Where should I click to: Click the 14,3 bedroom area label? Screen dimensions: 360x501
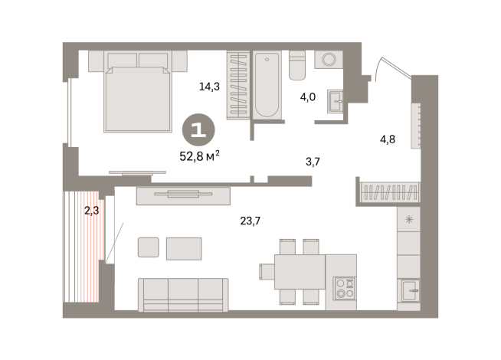click(210, 87)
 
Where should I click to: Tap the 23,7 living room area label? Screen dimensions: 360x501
click(249, 222)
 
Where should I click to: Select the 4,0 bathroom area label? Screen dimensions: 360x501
click(306, 97)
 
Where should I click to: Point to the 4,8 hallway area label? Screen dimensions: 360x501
click(388, 139)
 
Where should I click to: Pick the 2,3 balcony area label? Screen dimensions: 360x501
click(91, 209)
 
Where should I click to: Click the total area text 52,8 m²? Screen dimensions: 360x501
click(199, 155)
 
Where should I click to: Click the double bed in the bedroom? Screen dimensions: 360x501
click(138, 91)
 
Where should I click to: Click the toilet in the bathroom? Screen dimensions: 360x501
click(298, 66)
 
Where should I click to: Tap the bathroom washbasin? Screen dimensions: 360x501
click(334, 101)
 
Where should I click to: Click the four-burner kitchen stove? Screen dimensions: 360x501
click(345, 288)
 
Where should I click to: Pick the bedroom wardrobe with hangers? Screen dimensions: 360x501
click(237, 84)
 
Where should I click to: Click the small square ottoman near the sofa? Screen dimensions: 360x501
click(149, 247)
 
